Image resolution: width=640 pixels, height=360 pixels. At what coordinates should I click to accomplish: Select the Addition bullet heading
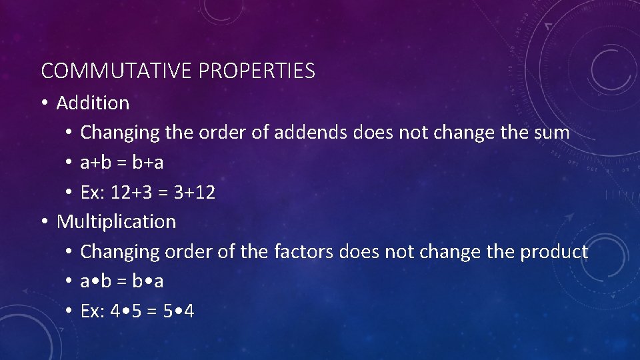point(93,103)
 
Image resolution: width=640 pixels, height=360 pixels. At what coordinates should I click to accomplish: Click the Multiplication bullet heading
point(116,221)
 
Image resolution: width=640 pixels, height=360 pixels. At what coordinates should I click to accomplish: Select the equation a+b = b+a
point(122,163)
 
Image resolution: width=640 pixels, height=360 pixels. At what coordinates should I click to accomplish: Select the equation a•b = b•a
point(122,281)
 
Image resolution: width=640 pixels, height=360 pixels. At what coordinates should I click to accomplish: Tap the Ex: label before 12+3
point(92,193)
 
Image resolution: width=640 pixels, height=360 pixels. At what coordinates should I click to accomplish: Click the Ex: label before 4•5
point(92,311)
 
